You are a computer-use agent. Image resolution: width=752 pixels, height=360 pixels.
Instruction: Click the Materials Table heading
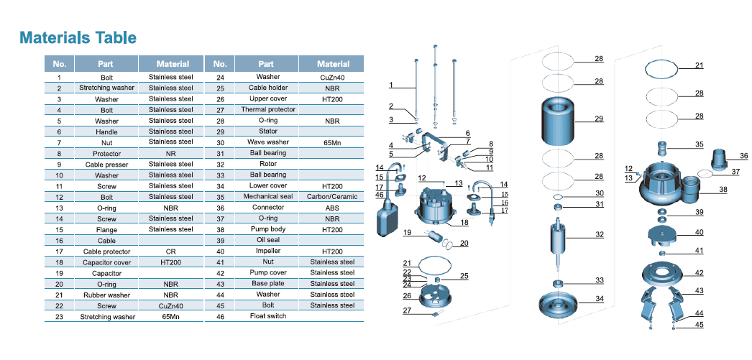[78, 37]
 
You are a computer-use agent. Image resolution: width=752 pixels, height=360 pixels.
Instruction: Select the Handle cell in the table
[106, 131]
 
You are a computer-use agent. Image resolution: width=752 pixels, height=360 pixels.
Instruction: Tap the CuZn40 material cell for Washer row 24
[333, 77]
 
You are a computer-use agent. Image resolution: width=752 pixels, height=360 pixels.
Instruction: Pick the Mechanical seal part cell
[267, 196]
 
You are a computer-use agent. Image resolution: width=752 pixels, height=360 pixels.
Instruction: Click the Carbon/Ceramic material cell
[333, 196]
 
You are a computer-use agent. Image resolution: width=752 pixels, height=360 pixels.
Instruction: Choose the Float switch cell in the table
[267, 316]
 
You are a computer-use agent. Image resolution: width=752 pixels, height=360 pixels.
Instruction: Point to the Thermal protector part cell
[267, 110]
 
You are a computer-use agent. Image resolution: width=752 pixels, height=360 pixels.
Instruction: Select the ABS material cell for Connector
[333, 208]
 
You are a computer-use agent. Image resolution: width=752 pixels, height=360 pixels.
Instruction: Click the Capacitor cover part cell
[106, 262]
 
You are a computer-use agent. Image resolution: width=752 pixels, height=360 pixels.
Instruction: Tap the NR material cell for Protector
[171, 153]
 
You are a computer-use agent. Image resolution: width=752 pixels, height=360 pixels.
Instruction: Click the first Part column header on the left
[106, 63]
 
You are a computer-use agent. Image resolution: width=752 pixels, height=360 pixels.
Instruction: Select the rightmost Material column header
[333, 63]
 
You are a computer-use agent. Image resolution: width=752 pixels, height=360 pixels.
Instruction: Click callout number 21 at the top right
[699, 65]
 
